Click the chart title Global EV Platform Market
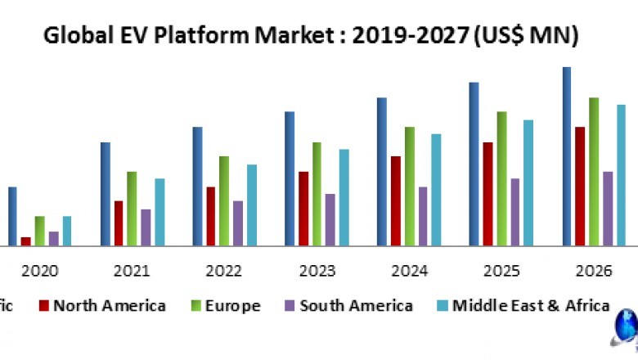tap(310, 35)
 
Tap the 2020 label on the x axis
tap(39, 271)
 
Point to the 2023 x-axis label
tap(316, 271)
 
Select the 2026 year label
tap(593, 271)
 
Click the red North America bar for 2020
tap(26, 241)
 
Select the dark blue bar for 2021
tap(106, 194)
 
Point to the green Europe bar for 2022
tap(223, 200)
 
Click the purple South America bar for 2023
tap(330, 219)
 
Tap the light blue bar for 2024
tap(436, 189)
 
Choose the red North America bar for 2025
tap(487, 194)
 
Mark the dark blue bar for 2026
tap(567, 155)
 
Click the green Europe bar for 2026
tap(593, 171)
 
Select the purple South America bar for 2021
tap(146, 227)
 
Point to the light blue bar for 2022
tap(252, 205)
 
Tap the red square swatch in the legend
tap(43, 306)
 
